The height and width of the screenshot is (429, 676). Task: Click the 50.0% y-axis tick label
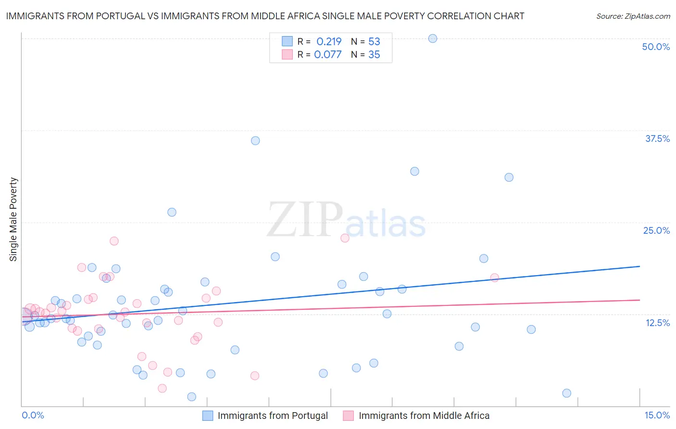click(x=656, y=47)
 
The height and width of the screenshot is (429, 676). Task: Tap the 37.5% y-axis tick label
click(x=657, y=139)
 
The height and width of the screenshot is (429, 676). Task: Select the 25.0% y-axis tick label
click(x=656, y=230)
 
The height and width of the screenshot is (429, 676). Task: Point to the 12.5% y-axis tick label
click(x=657, y=323)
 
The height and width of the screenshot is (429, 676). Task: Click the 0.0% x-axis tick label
click(x=33, y=415)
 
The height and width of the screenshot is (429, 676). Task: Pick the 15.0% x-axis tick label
click(x=657, y=415)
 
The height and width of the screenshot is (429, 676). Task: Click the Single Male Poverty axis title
click(x=13, y=219)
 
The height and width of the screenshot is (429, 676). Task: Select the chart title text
click(x=265, y=16)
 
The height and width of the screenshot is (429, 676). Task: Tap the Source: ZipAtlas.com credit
click(x=633, y=16)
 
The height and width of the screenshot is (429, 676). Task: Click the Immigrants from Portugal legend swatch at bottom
click(x=208, y=416)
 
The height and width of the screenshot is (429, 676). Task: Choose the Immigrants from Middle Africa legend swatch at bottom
click(x=349, y=416)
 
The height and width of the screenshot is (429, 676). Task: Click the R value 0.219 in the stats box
click(x=329, y=41)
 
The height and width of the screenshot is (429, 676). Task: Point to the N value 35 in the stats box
click(x=374, y=54)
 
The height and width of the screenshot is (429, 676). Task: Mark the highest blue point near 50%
click(x=433, y=38)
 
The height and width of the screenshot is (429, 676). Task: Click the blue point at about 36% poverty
click(x=255, y=140)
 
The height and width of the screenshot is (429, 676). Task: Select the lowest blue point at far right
click(x=566, y=393)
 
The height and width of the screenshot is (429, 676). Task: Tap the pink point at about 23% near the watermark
click(x=345, y=238)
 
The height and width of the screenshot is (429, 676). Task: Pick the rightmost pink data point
click(x=495, y=278)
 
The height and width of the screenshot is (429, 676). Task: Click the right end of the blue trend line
click(x=639, y=266)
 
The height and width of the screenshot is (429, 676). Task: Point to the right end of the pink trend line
click(x=639, y=300)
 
